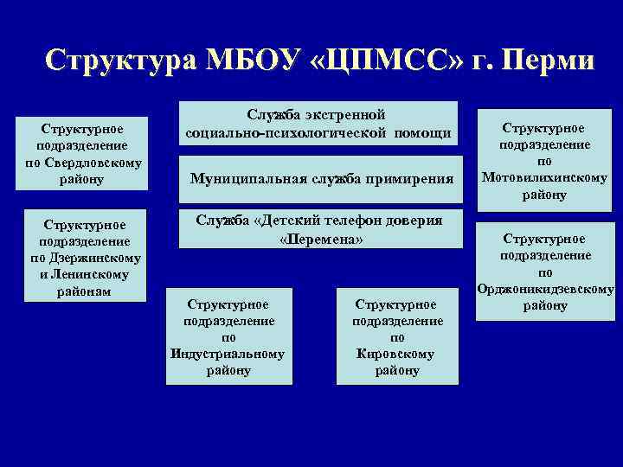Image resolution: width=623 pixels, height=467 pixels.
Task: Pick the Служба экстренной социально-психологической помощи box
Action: click(x=318, y=124)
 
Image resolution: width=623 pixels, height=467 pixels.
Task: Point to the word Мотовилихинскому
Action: click(x=544, y=178)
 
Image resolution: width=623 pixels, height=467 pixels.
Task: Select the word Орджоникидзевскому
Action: click(x=544, y=289)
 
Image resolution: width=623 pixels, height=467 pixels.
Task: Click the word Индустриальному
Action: click(x=228, y=354)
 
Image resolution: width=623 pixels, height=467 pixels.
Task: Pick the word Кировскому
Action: click(x=396, y=354)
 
